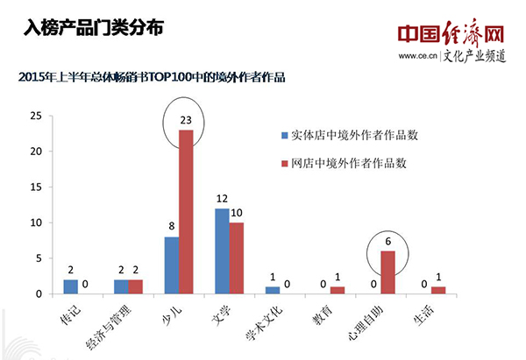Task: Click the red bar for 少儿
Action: (x=186, y=211)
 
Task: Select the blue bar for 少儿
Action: (x=172, y=265)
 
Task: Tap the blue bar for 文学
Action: (x=223, y=251)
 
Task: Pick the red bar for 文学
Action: (x=237, y=258)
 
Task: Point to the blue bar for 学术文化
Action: (x=274, y=290)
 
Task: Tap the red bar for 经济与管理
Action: (x=135, y=286)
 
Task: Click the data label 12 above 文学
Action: (x=223, y=198)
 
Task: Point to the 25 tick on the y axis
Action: (x=34, y=116)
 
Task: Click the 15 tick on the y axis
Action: (x=34, y=187)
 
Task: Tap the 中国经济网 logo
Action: (x=451, y=33)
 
